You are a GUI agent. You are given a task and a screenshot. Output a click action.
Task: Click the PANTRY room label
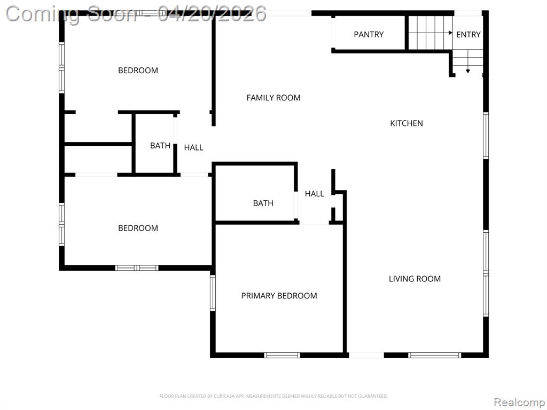click(369, 35)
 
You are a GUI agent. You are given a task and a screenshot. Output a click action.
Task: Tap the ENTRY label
click(468, 35)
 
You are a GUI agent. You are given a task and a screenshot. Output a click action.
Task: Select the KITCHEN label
click(407, 123)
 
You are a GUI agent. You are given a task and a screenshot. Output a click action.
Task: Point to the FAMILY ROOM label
click(273, 98)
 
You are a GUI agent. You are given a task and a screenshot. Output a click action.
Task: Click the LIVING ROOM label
click(415, 279)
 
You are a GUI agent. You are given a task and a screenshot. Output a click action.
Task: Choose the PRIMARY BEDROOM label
click(279, 296)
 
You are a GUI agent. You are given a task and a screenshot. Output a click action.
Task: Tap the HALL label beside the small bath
click(193, 147)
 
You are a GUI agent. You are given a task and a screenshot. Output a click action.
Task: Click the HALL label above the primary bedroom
click(314, 193)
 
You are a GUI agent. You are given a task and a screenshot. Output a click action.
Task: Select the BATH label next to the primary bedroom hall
click(263, 203)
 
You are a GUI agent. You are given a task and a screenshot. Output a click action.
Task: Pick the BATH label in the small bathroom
click(160, 145)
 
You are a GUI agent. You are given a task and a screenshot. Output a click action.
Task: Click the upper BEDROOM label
click(138, 70)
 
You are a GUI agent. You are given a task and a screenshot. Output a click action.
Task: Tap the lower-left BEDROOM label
click(138, 228)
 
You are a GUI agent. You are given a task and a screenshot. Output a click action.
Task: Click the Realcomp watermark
click(518, 402)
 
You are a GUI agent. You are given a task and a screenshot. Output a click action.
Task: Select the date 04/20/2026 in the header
click(212, 14)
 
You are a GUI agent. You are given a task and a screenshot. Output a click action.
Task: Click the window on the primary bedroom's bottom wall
click(282, 355)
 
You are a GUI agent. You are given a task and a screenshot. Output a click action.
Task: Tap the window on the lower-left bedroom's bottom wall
click(137, 268)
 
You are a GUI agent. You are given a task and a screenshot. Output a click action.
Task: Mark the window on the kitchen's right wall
click(486, 136)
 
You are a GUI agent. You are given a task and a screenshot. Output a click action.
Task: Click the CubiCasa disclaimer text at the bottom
click(273, 396)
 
